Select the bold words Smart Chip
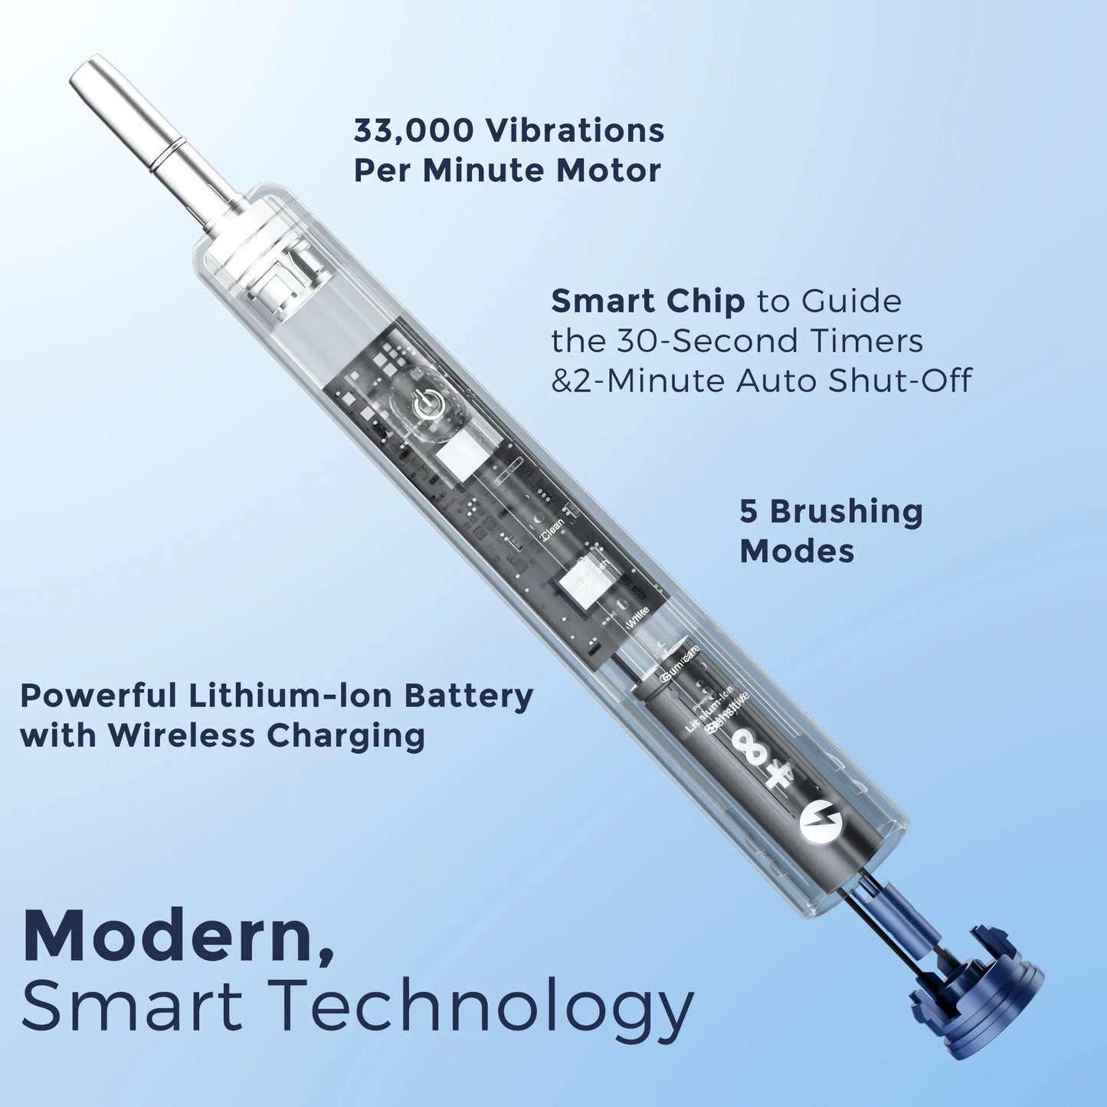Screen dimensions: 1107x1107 647,302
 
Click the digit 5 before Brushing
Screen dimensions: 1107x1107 748,512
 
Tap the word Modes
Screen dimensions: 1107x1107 797,551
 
